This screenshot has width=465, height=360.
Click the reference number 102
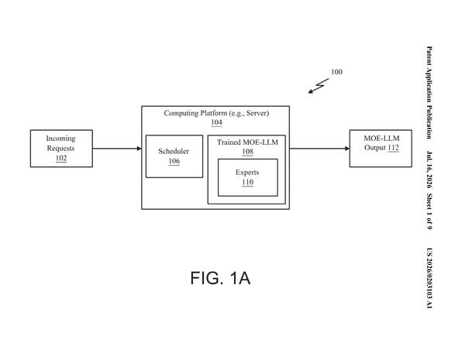(x=61, y=158)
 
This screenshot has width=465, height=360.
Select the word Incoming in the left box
(x=60, y=139)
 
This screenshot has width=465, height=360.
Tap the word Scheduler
(x=174, y=151)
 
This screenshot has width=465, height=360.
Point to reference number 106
(x=174, y=161)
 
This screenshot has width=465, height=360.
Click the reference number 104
(x=216, y=122)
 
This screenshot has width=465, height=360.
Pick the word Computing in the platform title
(x=181, y=113)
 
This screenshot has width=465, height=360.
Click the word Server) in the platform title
(x=258, y=113)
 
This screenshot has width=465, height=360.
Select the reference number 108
(x=248, y=152)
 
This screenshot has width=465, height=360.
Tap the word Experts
(x=247, y=173)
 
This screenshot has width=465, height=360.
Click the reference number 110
(x=248, y=182)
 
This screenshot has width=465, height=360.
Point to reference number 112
(x=393, y=148)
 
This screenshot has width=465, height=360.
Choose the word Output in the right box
(x=375, y=148)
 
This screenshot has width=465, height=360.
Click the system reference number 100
(x=336, y=72)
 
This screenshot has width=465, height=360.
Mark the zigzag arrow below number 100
(x=319, y=86)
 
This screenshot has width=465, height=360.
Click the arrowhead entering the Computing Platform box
(x=139, y=149)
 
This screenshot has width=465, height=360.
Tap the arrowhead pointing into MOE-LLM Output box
(x=347, y=149)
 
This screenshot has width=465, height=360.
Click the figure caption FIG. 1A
(x=220, y=278)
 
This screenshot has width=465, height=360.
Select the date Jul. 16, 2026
(x=429, y=170)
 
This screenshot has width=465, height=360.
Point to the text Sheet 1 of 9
(x=429, y=211)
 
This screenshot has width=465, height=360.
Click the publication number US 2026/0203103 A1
(x=429, y=278)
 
